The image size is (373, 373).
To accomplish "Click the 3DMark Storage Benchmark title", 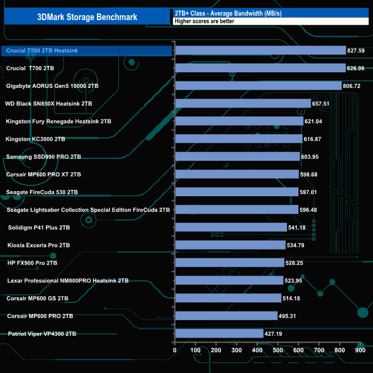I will [x=87, y=17].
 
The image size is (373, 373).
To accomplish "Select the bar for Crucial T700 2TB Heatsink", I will [x=260, y=50].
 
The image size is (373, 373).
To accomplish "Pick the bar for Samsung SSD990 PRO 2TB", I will [x=237, y=157].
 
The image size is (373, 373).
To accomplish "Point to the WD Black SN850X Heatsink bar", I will [x=243, y=104].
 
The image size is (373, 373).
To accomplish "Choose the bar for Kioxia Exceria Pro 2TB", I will [x=230, y=245].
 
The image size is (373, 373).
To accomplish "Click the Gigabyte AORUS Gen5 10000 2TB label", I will [x=52, y=86].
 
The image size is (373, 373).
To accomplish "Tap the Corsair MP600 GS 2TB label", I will [x=37, y=298].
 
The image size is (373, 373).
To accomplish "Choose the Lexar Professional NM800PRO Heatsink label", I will [x=68, y=281].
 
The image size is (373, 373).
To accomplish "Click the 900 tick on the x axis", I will [x=360, y=350].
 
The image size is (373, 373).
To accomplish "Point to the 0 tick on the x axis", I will [x=175, y=350].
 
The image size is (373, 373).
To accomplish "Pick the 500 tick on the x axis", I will [x=278, y=350].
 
